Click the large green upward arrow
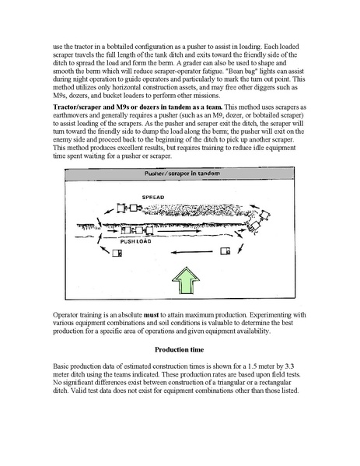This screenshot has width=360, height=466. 186,281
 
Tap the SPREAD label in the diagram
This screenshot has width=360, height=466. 153,198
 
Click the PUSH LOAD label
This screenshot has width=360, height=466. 135,241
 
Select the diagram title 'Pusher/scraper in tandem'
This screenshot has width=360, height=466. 182,173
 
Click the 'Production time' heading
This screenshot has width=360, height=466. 179,349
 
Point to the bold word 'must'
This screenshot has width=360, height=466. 151,315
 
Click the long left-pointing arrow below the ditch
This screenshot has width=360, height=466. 192,252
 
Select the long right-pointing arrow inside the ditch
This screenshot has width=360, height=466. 179,230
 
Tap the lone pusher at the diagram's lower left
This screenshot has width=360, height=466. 117,253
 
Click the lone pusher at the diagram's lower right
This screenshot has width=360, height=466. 225,251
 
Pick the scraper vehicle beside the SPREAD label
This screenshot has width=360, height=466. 129,208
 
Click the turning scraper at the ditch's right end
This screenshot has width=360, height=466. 258,221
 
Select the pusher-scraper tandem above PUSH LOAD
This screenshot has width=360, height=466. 137,230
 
